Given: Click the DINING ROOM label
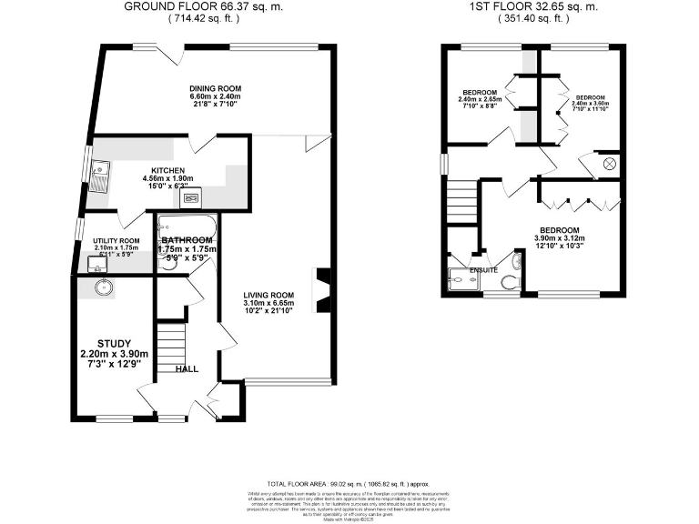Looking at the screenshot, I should click(215, 88).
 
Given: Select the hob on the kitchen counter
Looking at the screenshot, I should click(192, 197).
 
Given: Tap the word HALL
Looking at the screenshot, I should click(187, 368).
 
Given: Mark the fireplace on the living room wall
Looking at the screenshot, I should click(321, 290).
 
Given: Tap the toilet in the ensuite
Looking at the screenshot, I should click(516, 264).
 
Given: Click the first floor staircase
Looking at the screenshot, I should click(463, 200).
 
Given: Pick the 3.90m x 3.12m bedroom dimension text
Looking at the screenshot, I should click(559, 238).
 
